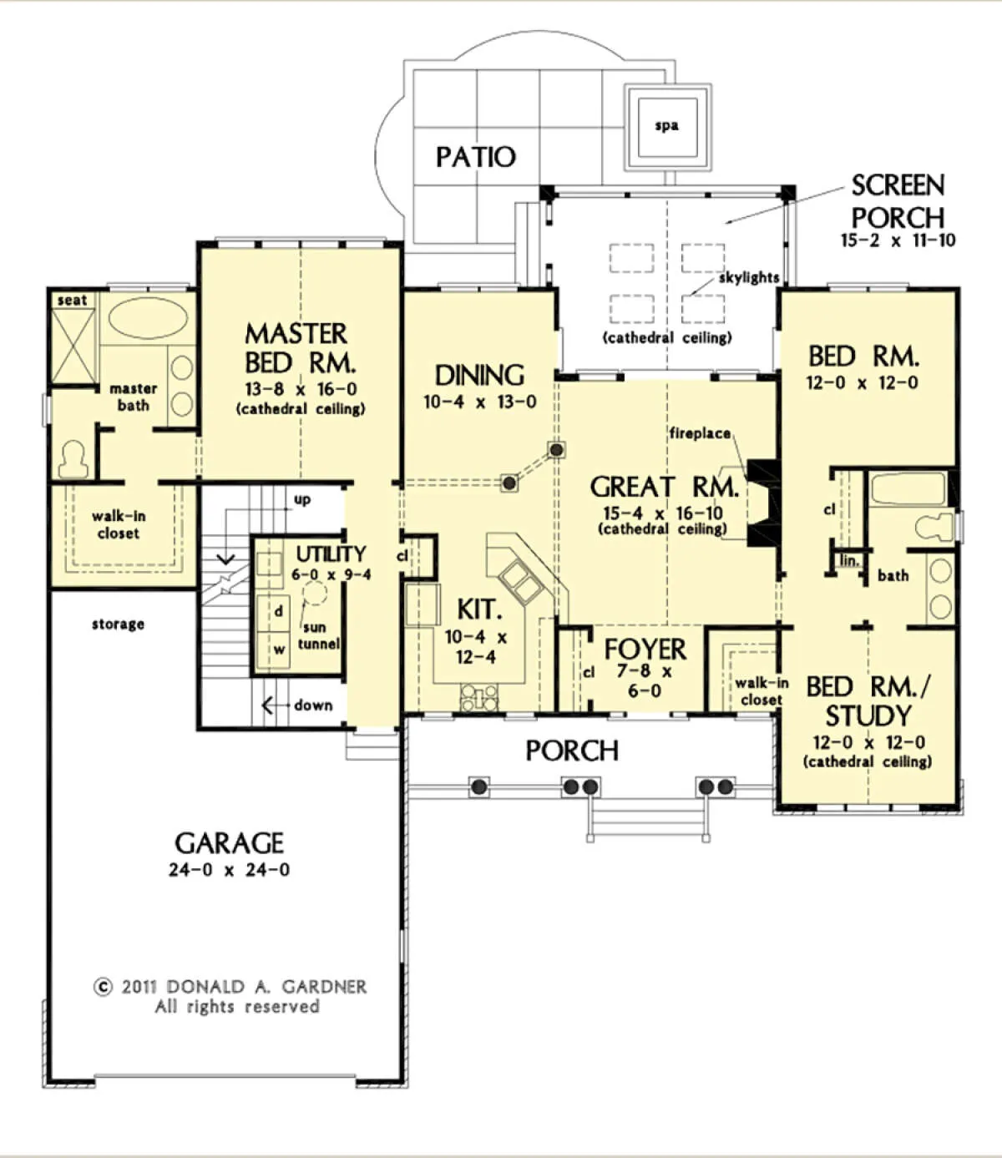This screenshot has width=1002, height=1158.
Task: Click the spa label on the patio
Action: point(667,126)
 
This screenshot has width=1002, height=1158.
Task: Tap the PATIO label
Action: point(476,157)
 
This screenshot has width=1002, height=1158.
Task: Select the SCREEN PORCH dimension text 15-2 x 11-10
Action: point(898,240)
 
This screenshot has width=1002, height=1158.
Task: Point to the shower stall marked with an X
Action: point(73,346)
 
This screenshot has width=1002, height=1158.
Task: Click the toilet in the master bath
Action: point(73,459)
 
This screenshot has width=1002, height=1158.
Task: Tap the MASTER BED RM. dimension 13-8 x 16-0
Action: point(301,389)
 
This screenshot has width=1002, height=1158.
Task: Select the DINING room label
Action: point(479,376)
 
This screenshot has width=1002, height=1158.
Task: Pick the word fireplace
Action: point(700,433)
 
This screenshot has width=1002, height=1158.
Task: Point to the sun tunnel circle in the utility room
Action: point(315,593)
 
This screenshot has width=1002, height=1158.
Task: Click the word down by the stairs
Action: point(313,705)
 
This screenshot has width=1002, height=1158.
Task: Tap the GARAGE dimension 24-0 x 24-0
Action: point(229,869)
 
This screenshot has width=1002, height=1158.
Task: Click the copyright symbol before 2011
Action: point(103,987)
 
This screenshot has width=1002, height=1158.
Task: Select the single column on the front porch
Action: point(478,786)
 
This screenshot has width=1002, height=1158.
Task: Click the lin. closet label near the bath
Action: point(849,560)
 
